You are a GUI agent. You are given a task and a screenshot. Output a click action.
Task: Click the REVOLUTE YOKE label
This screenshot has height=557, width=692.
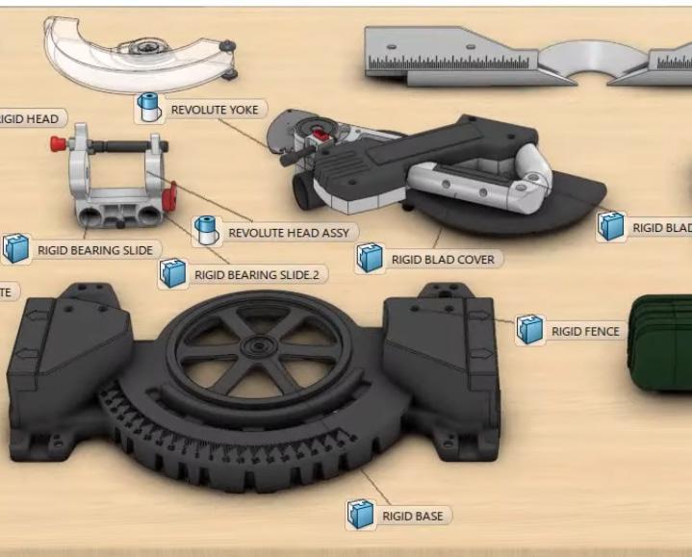point(214,110)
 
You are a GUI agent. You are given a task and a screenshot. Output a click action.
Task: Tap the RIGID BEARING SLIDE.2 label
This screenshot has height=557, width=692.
point(259,275)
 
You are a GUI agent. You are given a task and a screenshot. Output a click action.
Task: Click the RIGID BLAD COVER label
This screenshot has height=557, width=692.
point(443,259)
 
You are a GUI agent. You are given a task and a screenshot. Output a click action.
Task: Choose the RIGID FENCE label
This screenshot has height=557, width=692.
point(585,332)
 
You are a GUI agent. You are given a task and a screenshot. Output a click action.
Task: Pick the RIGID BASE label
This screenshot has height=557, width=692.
point(412,517)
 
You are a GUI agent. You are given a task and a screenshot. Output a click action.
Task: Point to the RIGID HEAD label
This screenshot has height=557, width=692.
point(29,119)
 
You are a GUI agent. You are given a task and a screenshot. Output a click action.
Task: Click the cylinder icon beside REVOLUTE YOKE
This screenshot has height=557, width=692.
point(148,107)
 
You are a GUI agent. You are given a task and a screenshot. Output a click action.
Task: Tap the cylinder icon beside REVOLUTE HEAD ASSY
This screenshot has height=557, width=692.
point(204,230)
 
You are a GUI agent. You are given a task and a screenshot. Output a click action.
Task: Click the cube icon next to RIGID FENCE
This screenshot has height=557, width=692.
point(528,330)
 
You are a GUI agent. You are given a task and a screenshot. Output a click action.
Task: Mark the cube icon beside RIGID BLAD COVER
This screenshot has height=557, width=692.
point(369,258)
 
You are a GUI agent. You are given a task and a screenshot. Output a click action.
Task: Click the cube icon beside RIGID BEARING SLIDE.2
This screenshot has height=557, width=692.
point(172,274)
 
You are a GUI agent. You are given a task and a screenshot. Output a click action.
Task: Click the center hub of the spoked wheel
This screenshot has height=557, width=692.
point(258,345)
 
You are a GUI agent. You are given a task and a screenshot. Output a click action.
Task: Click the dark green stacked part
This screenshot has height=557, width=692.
point(662,344)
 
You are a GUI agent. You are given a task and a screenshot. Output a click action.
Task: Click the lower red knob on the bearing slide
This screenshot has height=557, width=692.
point(171,197)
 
